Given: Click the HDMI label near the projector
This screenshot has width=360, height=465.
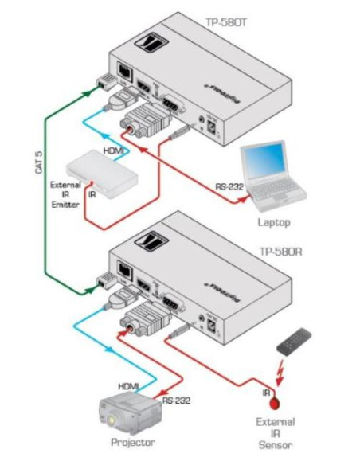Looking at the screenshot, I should point(129,385).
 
